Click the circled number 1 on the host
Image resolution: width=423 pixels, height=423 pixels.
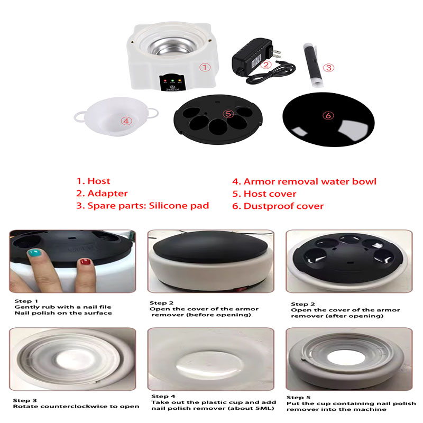205,67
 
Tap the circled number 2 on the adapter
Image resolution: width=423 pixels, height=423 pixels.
266,65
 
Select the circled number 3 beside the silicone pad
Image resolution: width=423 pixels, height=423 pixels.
328,68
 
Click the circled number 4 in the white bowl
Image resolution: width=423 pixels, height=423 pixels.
126,121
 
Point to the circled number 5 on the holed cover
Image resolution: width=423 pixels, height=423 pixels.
228,114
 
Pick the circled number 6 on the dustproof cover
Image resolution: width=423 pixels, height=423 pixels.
328,115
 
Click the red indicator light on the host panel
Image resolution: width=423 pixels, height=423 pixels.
165,81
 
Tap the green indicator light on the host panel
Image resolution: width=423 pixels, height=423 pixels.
172,81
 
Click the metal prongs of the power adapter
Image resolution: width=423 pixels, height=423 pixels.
276,52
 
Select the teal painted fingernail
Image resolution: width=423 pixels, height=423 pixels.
35,253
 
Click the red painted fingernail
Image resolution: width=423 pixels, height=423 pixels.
85,261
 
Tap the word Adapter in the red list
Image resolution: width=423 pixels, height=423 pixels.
107,194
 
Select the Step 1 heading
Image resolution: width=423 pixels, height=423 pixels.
26,301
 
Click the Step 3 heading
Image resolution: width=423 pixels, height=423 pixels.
25,400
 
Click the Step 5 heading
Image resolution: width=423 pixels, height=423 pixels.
298,398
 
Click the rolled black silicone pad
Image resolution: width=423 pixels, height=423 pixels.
313,64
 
